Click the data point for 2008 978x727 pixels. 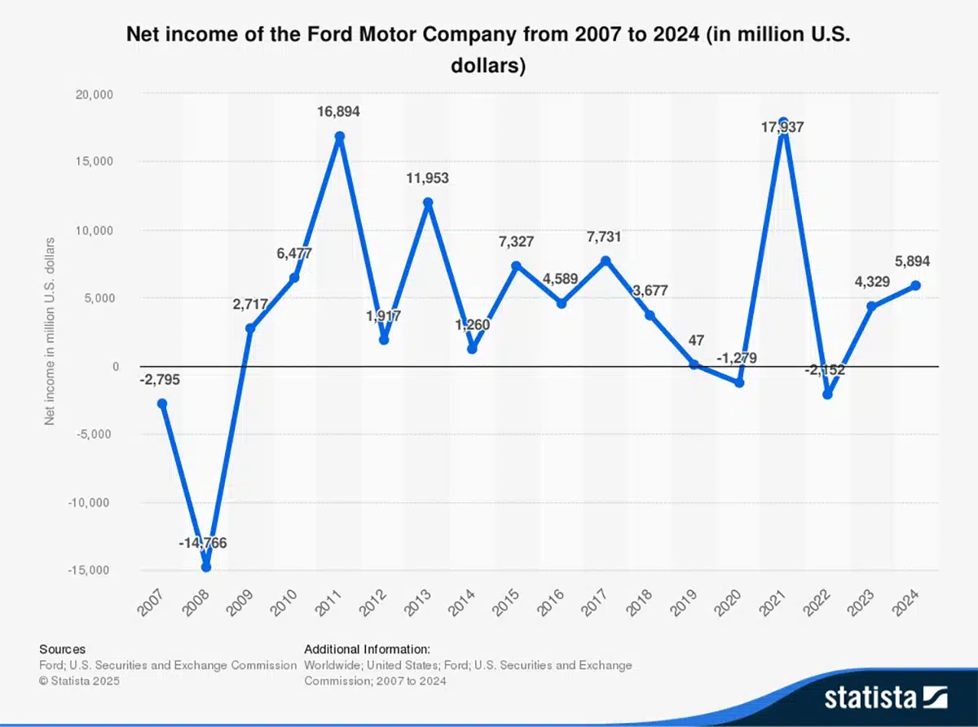coord(206,567)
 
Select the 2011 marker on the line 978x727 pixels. coord(339,136)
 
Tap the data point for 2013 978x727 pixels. coord(428,202)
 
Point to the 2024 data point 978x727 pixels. coord(915,285)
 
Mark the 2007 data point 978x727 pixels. coord(162,403)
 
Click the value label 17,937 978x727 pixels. coord(782,127)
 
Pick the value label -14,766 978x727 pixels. coord(202,543)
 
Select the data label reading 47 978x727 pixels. coord(696,341)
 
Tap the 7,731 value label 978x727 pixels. coord(604,237)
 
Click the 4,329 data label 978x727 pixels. coord(872,281)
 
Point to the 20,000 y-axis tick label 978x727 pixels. coord(94,95)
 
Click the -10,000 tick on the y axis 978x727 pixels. coord(88,502)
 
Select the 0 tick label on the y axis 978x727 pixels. coord(116,367)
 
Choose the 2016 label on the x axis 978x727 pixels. coord(550,602)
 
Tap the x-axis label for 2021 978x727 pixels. coord(772,602)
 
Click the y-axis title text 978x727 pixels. coord(50,331)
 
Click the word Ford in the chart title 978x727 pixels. coord(329,34)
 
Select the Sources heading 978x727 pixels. coord(62,649)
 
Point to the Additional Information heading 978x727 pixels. coord(367,649)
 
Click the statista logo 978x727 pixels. coord(886,698)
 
